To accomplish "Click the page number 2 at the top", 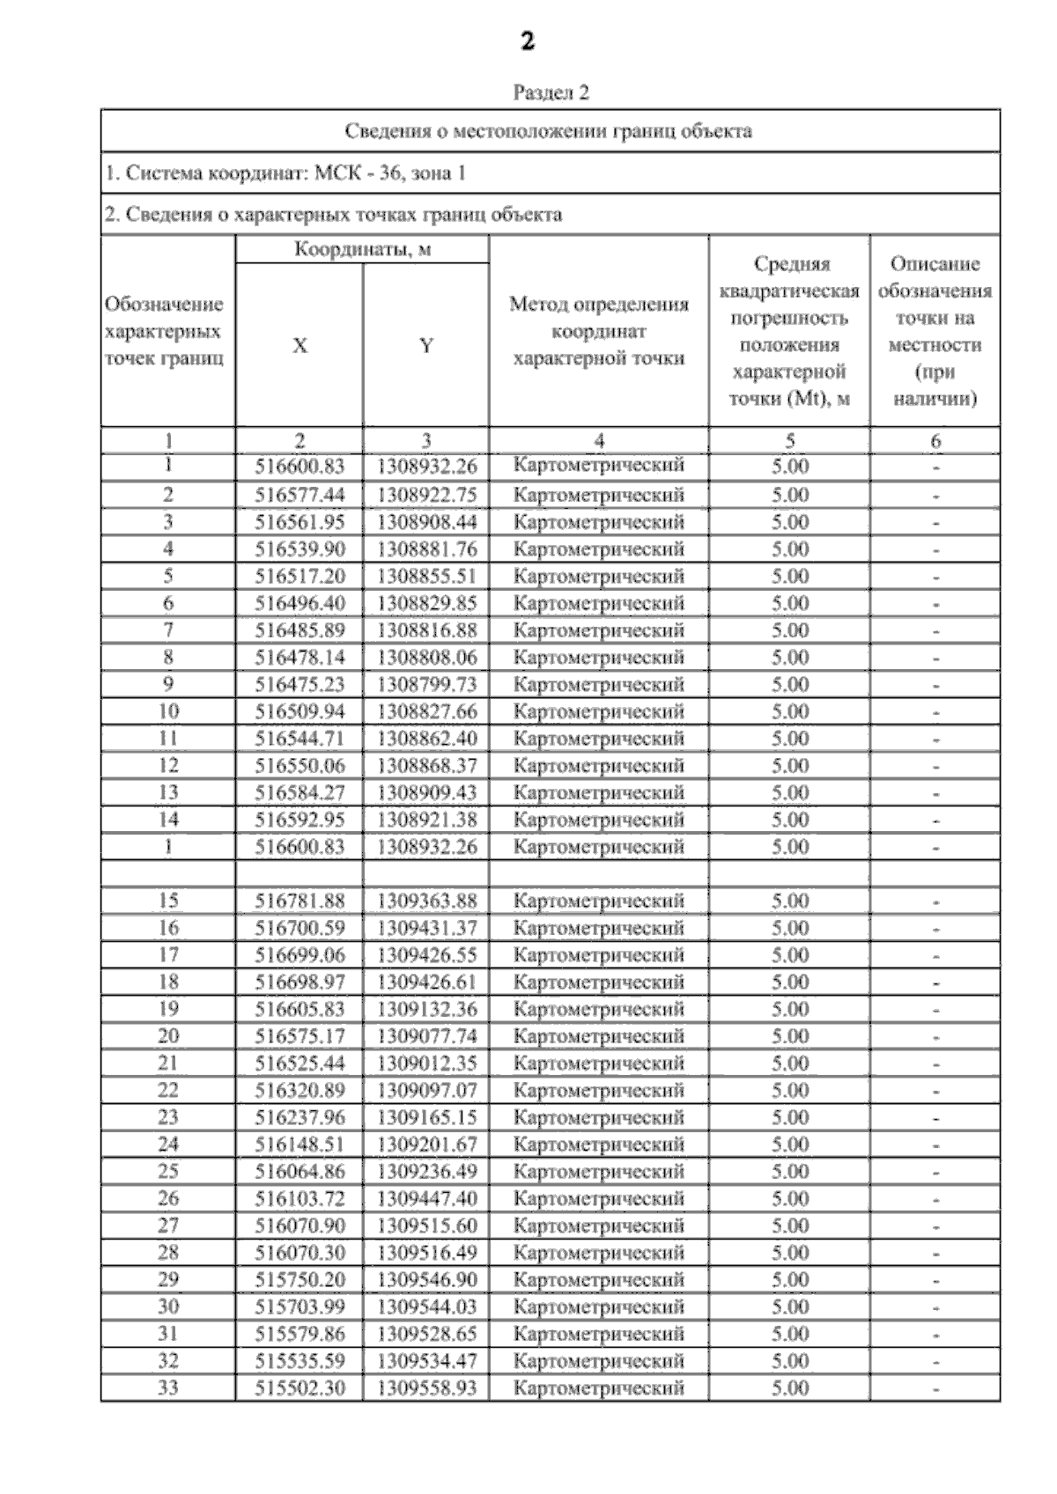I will (x=528, y=41).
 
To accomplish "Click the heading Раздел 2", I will (x=551, y=92).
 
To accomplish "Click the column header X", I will (x=299, y=345).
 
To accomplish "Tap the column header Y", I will (x=426, y=345).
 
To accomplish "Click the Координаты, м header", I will (x=362, y=249).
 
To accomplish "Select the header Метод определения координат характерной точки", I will (x=598, y=331).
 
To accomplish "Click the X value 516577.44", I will (x=299, y=495).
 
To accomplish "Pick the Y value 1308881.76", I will (x=426, y=549).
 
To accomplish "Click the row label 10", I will (x=167, y=711).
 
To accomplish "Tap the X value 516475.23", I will (x=299, y=684).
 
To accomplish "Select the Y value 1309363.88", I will (x=426, y=901).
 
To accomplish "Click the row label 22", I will (x=167, y=1090).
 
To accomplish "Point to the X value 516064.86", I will (x=299, y=1171).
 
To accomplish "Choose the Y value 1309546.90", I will (x=426, y=1279).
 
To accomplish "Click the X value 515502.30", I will (x=299, y=1387).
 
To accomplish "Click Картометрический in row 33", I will (x=598, y=1387).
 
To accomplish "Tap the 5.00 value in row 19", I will (x=789, y=1009).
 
